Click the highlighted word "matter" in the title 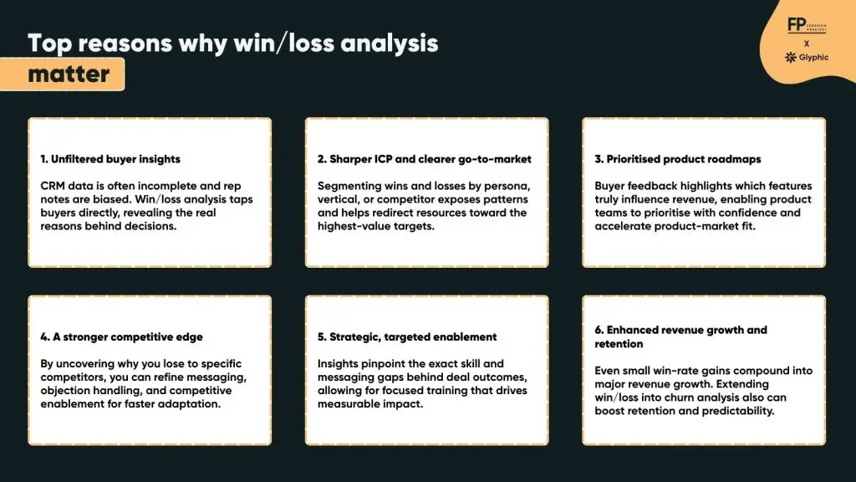(69, 74)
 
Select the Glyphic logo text (812, 58)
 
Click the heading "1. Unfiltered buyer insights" (110, 159)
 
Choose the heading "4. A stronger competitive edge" (121, 337)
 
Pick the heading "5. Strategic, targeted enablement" (407, 337)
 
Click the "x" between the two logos (806, 43)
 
